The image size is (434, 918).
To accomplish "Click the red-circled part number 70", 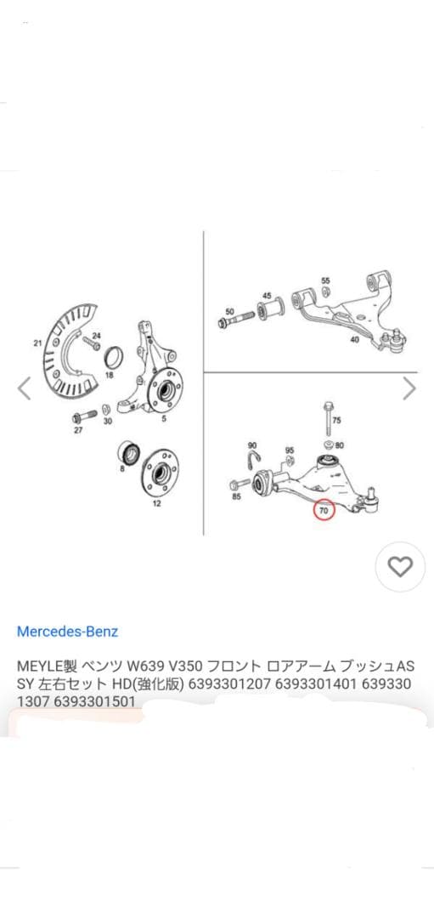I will point(324,512).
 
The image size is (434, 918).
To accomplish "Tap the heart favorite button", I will point(400,567).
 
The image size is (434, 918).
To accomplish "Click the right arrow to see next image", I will point(409,388).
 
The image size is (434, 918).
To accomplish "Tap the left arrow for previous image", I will point(24,388).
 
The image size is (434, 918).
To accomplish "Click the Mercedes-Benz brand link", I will point(67,632).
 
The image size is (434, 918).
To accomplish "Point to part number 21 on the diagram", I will point(37,343).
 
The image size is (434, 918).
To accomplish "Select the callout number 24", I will point(96,337).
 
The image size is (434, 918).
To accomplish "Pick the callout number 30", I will point(107,421).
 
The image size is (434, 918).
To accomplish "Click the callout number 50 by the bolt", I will point(229,311).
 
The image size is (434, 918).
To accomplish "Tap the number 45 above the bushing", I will point(267,297).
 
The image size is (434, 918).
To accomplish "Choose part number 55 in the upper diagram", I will point(325,280).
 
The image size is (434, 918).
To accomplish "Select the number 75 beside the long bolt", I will point(336,421).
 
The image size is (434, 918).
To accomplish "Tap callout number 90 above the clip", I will point(252,445).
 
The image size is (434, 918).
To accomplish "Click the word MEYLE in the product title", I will point(34,664).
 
